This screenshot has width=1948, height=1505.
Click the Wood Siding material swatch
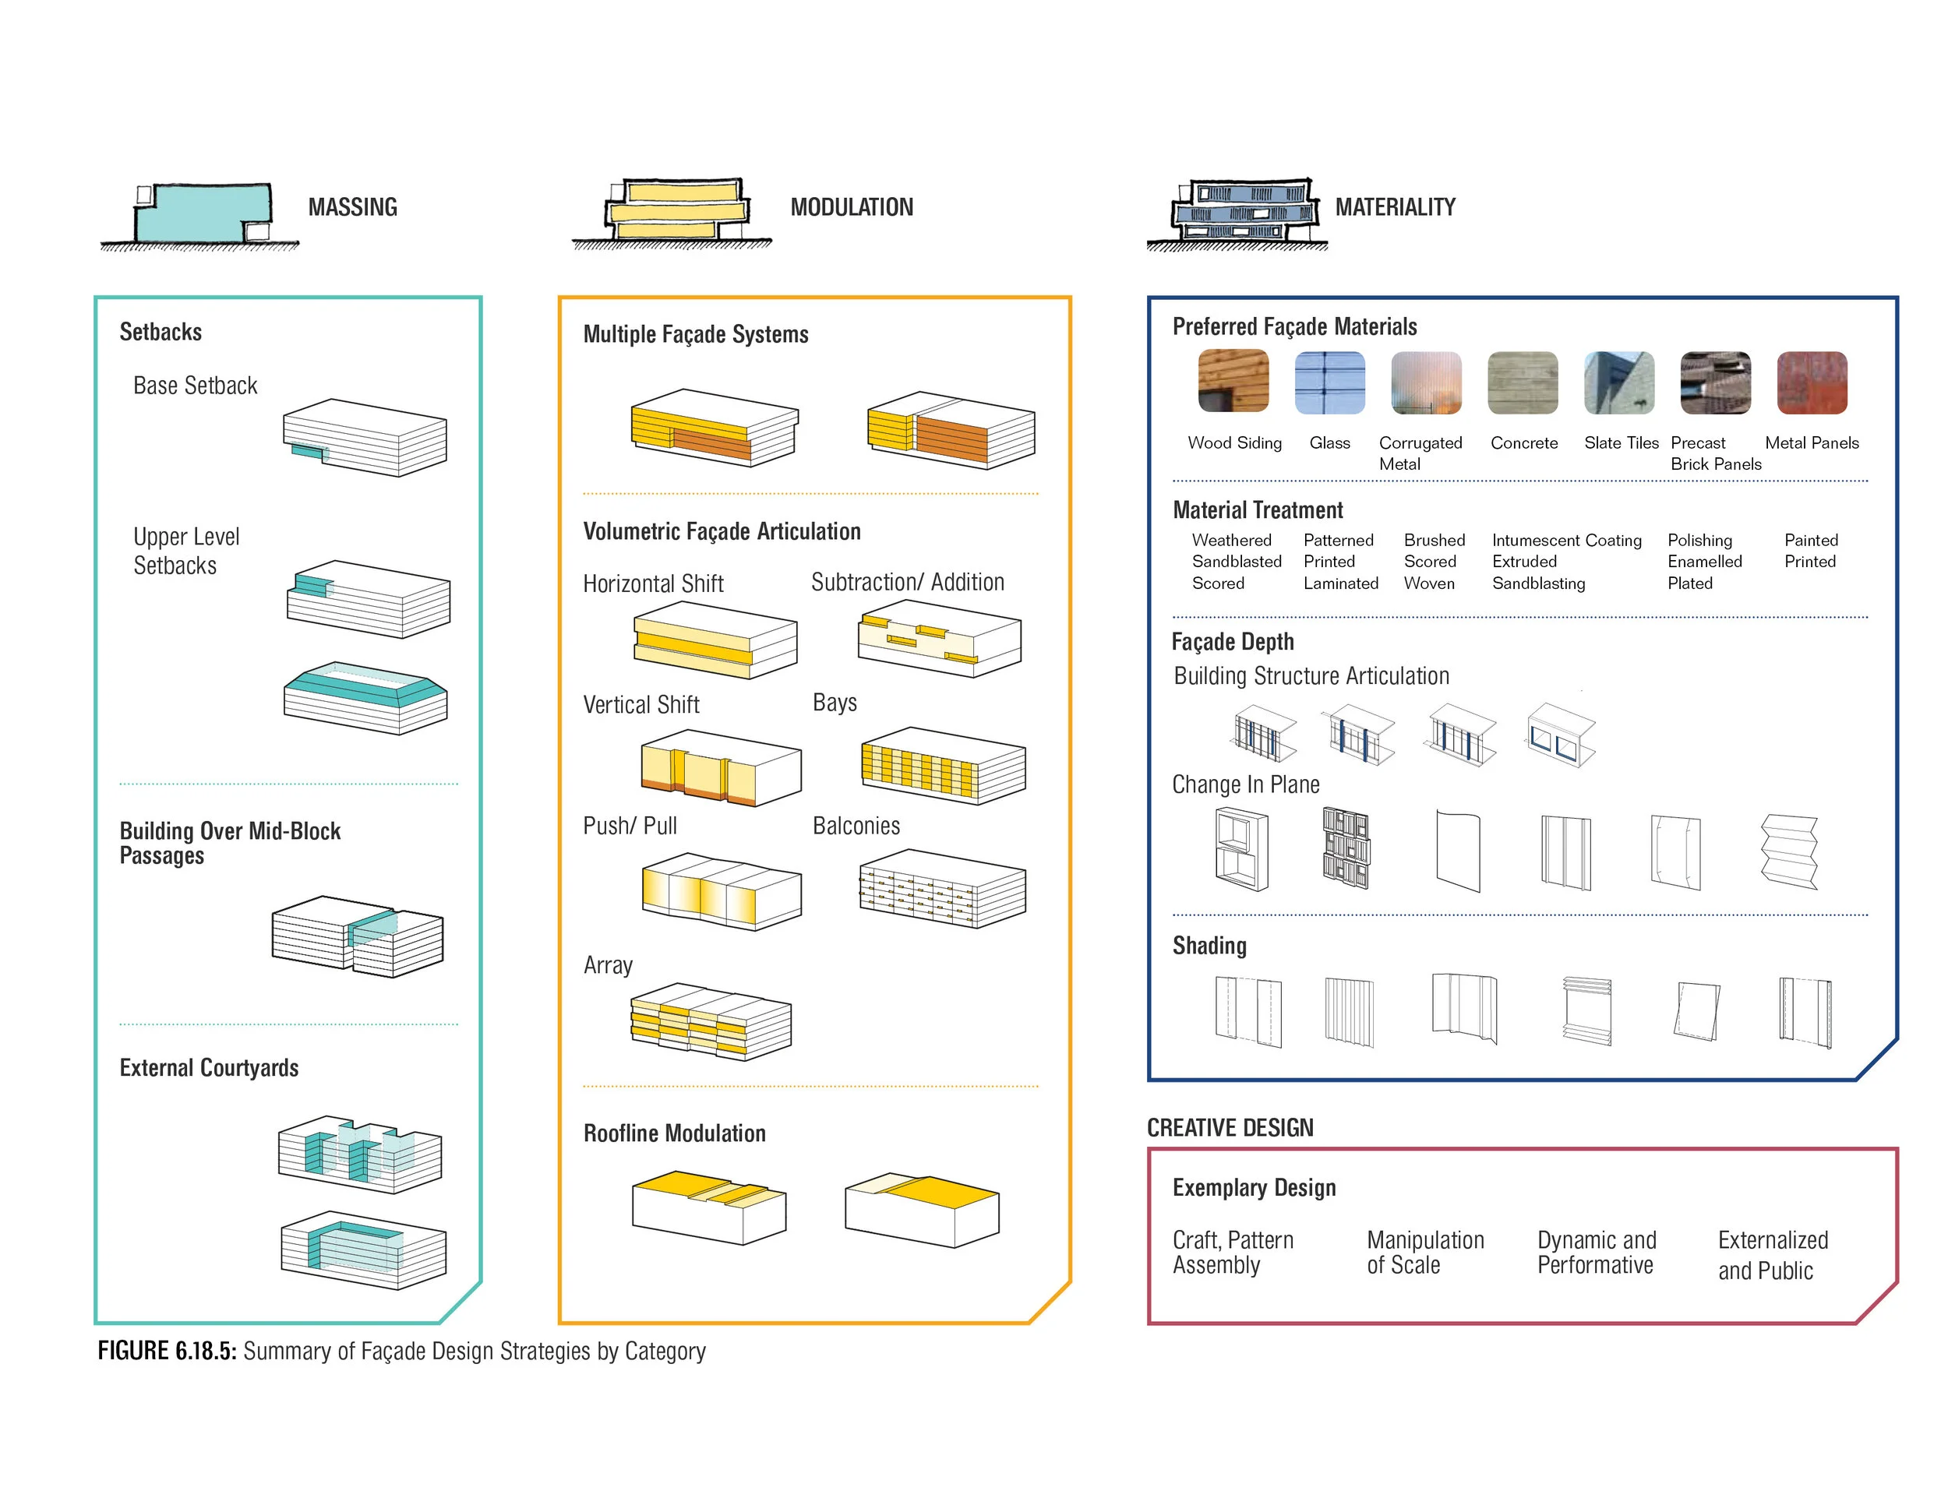[1233, 381]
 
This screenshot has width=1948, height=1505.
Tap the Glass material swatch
[1330, 382]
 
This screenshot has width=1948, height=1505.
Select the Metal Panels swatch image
[1812, 382]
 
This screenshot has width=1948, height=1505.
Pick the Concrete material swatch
[1523, 382]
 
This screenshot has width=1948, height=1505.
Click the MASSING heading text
[352, 207]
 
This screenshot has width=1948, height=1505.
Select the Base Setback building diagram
[365, 437]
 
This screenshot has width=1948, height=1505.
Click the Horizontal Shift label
[653, 584]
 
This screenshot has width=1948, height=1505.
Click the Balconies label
[856, 826]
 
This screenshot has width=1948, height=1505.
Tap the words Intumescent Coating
[1566, 541]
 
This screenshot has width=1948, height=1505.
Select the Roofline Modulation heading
[674, 1133]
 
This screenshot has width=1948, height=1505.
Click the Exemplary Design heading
[1253, 1188]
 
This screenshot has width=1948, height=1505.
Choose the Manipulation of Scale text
[1424, 1252]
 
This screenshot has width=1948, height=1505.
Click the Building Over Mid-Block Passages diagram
[357, 936]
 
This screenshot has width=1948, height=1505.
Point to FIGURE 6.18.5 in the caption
[167, 1351]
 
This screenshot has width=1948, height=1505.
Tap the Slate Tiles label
[1621, 443]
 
